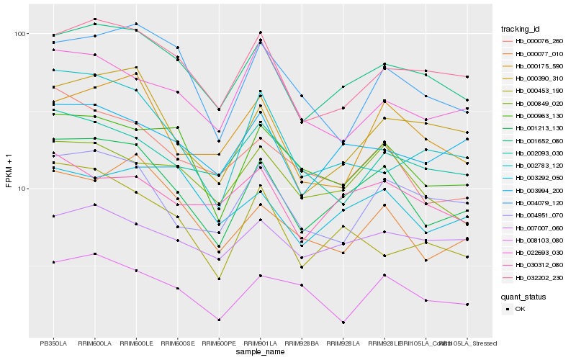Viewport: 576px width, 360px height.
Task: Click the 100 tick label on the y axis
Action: [19, 34]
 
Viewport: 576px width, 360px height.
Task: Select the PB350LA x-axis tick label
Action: [53, 343]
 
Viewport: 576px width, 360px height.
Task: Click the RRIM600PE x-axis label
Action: [219, 343]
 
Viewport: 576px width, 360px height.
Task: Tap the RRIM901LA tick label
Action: [261, 343]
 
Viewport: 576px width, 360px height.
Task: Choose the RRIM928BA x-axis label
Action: [302, 343]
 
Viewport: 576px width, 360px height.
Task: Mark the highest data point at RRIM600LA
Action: [95, 19]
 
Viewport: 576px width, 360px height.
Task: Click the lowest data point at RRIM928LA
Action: [343, 323]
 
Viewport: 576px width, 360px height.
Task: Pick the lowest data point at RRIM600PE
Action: [219, 320]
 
